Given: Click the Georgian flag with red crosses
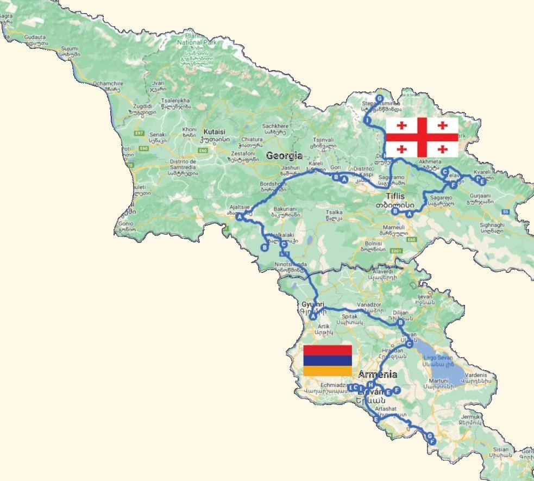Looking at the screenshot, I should (422, 137).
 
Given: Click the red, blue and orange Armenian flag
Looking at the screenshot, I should (327, 360).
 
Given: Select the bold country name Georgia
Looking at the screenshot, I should (284, 156).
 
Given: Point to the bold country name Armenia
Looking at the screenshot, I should (377, 374).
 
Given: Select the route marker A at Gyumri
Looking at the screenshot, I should (313, 316).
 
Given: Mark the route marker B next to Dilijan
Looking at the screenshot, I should (401, 323).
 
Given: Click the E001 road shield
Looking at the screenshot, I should (397, 251).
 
